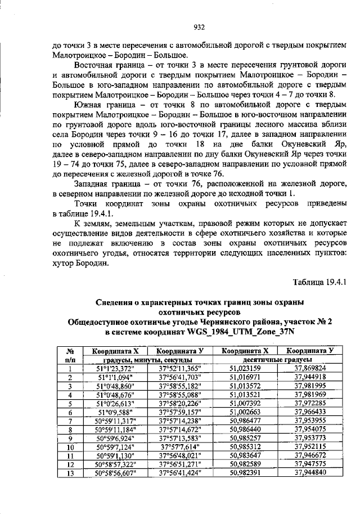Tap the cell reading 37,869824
tap(312, 368)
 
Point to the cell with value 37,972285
tap(312, 403)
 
